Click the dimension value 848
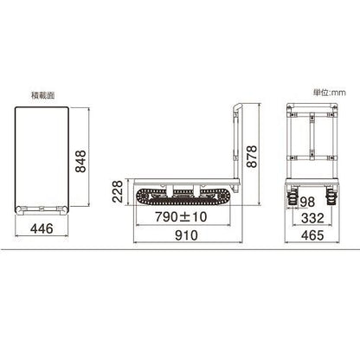tap(80, 161)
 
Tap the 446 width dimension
tap(42, 228)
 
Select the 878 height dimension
tap(252, 157)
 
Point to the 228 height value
tap(118, 191)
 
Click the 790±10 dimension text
tap(181, 216)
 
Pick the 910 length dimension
tap(186, 235)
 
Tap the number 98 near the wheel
tap(307, 202)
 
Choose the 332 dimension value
tap(312, 218)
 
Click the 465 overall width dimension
tap(312, 235)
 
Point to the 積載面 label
tap(43, 95)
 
